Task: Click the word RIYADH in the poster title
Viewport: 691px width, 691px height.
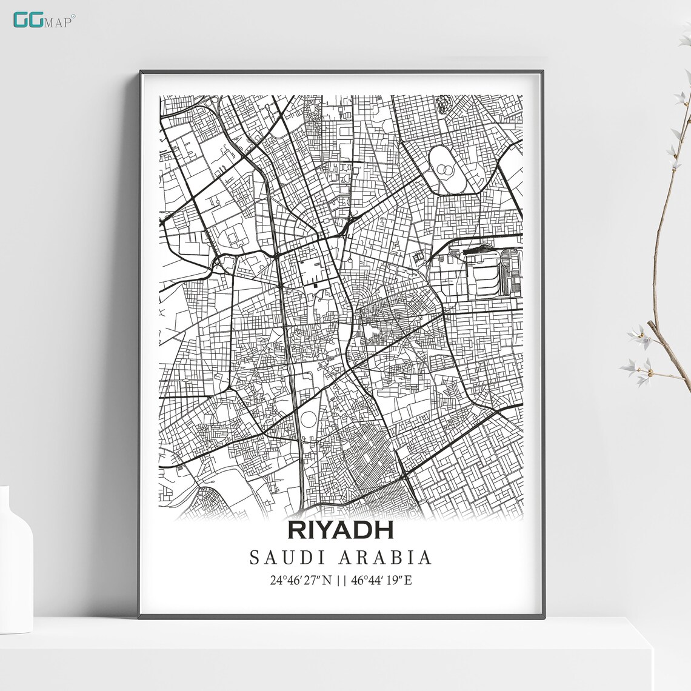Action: point(341,529)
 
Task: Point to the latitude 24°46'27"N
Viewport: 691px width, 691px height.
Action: point(301,580)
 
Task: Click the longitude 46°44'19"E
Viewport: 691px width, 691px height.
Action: point(381,580)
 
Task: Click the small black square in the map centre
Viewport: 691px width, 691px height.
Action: point(316,282)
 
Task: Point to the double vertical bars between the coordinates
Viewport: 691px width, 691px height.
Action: point(341,580)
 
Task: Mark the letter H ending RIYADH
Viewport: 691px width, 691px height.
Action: point(384,529)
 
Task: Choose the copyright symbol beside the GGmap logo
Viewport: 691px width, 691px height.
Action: point(74,16)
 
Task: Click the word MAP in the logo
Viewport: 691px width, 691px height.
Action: point(62,22)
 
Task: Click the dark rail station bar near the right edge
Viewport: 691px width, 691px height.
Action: point(479,249)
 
